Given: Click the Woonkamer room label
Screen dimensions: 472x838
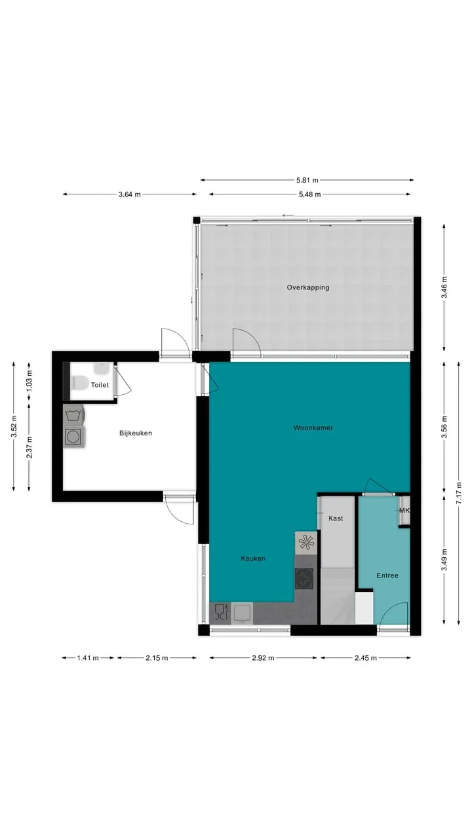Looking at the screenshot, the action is [x=313, y=428].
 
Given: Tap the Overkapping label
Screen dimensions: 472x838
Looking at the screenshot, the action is [x=308, y=287].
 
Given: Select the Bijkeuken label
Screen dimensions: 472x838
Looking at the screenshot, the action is [x=136, y=433].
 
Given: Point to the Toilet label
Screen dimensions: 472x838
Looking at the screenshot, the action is [x=100, y=385].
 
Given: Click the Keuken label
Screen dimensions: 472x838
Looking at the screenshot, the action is [x=253, y=558].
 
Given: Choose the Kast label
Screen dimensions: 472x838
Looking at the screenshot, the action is [x=336, y=519].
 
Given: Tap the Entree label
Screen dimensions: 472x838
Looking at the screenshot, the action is [x=387, y=575].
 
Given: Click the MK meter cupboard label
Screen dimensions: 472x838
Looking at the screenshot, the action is [x=404, y=510].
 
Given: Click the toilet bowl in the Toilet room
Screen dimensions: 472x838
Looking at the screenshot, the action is [x=79, y=383].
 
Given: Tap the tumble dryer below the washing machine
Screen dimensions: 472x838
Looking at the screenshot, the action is [x=73, y=437].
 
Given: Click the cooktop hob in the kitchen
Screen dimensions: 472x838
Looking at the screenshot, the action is [x=304, y=579].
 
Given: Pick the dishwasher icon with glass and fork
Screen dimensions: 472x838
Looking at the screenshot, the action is [x=221, y=613].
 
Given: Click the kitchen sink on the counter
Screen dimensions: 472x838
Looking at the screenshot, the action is [x=242, y=613].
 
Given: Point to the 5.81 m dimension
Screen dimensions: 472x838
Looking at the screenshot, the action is [x=307, y=180].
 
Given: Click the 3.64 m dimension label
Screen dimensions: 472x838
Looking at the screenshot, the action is [x=130, y=194].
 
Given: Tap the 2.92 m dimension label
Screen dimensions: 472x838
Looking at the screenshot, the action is [x=263, y=658].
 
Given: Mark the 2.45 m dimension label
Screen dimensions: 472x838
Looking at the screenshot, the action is [x=366, y=658].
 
